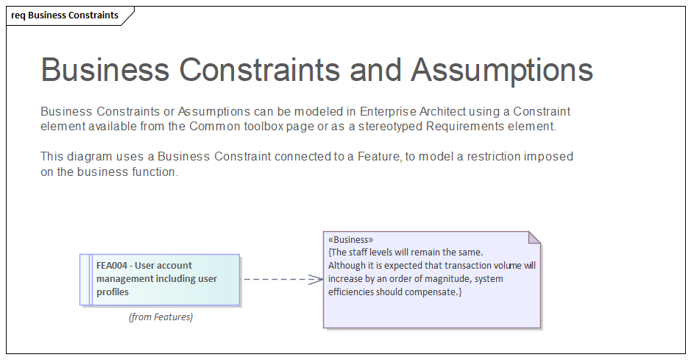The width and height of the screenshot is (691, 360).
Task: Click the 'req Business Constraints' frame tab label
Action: pyautogui.click(x=65, y=15)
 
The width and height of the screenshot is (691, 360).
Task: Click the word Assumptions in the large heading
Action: pyautogui.click(x=502, y=70)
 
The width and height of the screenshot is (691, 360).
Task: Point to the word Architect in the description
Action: pyautogui.click(x=444, y=112)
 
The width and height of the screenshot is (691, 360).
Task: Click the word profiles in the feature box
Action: pyautogui.click(x=113, y=292)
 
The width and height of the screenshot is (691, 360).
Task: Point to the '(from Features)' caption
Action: pyautogui.click(x=160, y=317)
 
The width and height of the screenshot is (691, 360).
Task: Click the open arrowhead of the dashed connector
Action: pyautogui.click(x=317, y=279)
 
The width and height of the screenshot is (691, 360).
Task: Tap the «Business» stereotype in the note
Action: pyautogui.click(x=350, y=240)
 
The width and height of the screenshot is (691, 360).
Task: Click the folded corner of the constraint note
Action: pyautogui.click(x=535, y=237)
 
